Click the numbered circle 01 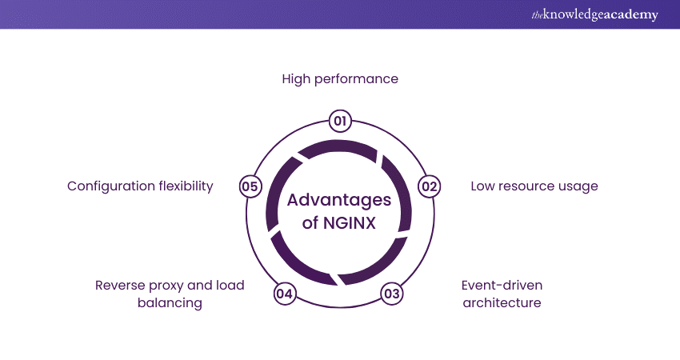pyautogui.click(x=340, y=122)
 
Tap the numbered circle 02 pyautogui.click(x=430, y=186)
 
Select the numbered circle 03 pyautogui.click(x=391, y=293)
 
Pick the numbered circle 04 pyautogui.click(x=284, y=294)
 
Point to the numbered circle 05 pyautogui.click(x=250, y=186)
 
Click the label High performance pyautogui.click(x=340, y=79)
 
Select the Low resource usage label pyautogui.click(x=534, y=186)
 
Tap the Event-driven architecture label pyautogui.click(x=502, y=294)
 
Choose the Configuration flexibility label pyautogui.click(x=140, y=186)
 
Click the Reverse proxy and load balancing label pyautogui.click(x=170, y=294)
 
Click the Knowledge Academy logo pyautogui.click(x=594, y=14)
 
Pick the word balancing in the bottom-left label pyautogui.click(x=170, y=303)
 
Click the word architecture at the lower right pyautogui.click(x=502, y=303)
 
